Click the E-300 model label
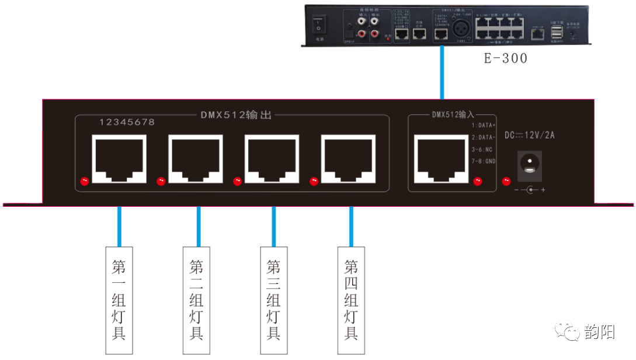click(x=506, y=58)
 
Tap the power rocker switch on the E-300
click(x=319, y=25)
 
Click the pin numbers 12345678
click(x=127, y=123)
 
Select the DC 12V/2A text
click(x=530, y=136)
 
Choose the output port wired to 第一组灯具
click(x=119, y=156)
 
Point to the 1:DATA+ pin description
click(x=484, y=126)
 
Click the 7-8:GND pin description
click(x=483, y=160)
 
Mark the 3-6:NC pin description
click(x=482, y=148)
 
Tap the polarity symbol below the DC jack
click(x=530, y=190)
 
